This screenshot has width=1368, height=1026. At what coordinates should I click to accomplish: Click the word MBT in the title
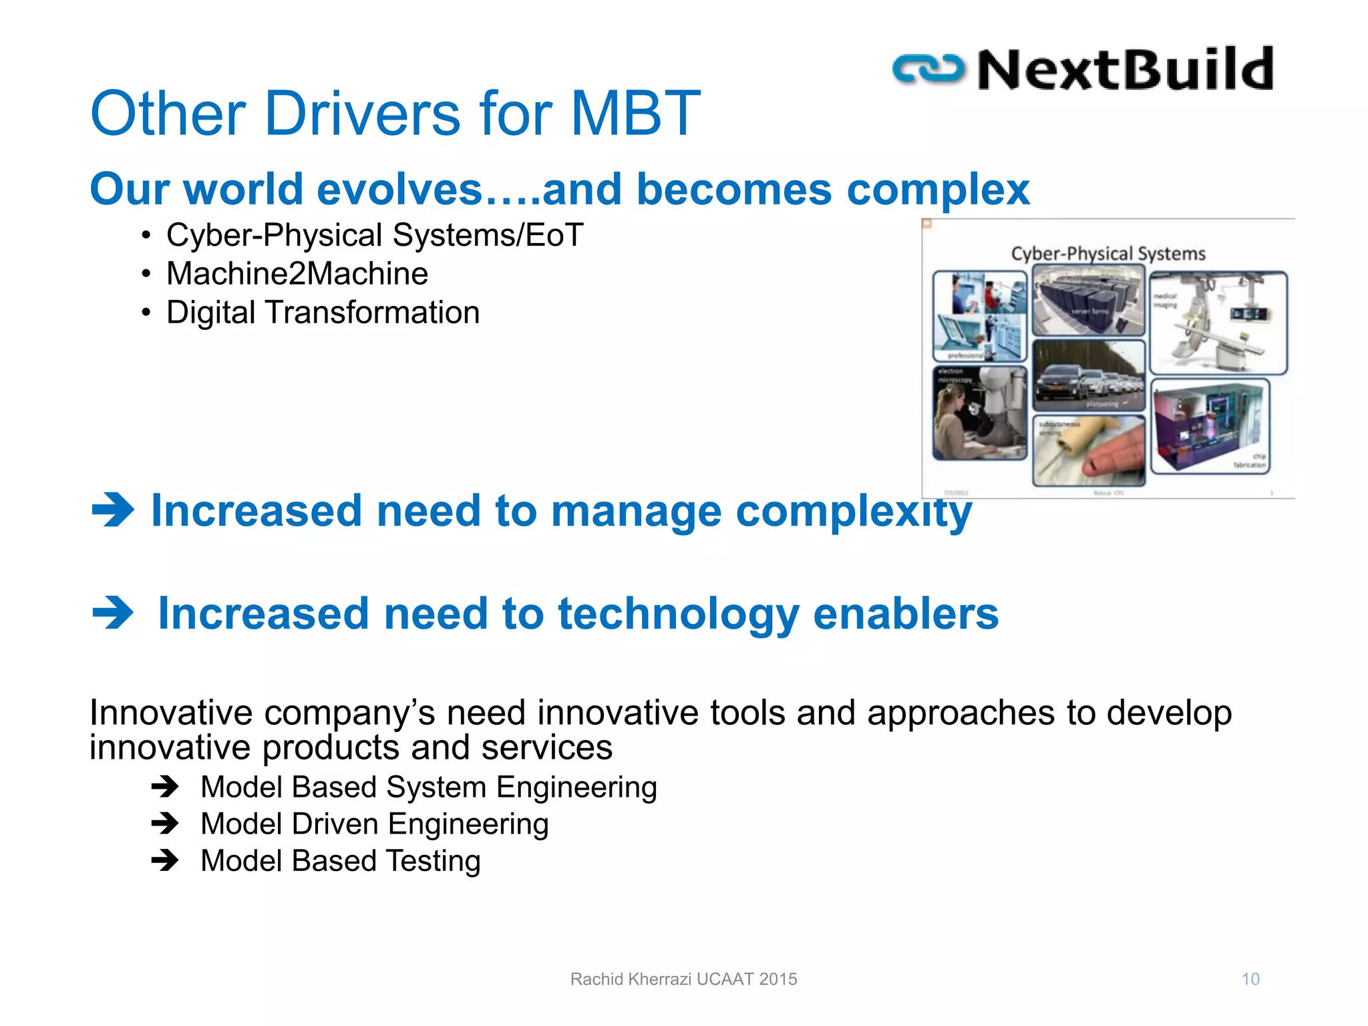[x=635, y=114]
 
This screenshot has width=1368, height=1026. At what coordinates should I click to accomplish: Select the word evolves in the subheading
[x=399, y=189]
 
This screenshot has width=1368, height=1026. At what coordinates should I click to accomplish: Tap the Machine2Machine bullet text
[x=297, y=274]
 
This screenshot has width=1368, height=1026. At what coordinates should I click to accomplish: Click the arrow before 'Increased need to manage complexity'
[x=113, y=510]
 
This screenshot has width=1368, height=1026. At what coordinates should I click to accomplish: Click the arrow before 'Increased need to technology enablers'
[x=113, y=613]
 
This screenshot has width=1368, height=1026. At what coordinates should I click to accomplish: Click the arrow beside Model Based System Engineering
[x=164, y=787]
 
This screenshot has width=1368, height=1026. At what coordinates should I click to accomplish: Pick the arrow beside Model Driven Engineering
[x=164, y=824]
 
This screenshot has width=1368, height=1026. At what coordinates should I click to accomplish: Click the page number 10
[x=1250, y=979]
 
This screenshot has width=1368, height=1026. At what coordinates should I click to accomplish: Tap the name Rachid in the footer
[x=596, y=979]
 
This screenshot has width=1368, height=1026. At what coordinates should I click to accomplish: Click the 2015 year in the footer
[x=778, y=979]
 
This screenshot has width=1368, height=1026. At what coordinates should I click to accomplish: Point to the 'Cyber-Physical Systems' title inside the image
[x=1108, y=254]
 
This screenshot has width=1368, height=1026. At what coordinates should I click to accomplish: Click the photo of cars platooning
[x=1088, y=376]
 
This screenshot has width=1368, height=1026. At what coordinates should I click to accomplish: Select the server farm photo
[x=1088, y=300]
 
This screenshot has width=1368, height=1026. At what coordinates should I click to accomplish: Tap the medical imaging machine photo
[x=1218, y=323]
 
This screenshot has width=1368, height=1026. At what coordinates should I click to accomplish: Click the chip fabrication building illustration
[x=1210, y=426]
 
